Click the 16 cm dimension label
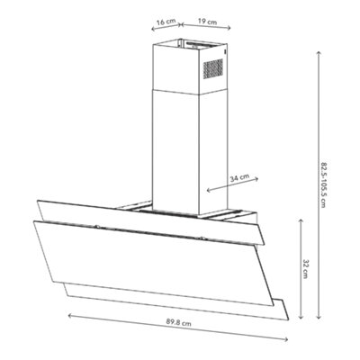click(x=166, y=22)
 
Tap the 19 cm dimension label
click(x=207, y=22)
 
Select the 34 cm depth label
click(x=239, y=178)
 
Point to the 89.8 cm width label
click(x=179, y=323)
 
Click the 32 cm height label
click(x=305, y=269)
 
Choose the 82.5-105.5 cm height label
click(x=323, y=185)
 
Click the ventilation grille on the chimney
click(x=213, y=68)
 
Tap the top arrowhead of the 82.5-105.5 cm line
click(x=319, y=53)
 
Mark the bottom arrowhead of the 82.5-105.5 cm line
click(x=319, y=317)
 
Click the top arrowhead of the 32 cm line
click(x=301, y=221)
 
